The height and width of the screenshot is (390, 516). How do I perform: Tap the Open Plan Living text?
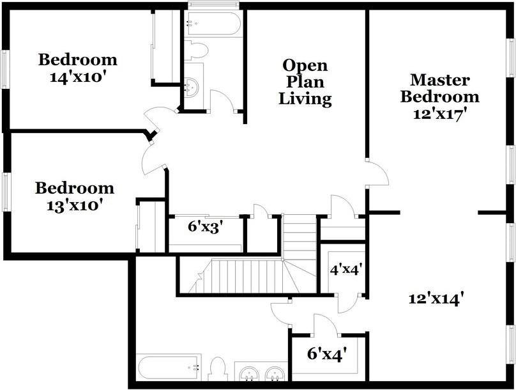pos(305,82)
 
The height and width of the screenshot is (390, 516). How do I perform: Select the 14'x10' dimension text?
pos(77,76)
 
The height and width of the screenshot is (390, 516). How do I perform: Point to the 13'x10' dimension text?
pos(74,205)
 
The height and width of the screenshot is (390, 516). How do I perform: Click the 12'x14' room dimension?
pos(436,297)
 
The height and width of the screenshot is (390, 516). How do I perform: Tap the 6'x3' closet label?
pos(205,227)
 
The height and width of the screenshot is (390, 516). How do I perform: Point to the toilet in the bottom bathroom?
pos(217,370)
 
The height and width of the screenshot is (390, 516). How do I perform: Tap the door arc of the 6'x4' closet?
pos(326,325)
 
